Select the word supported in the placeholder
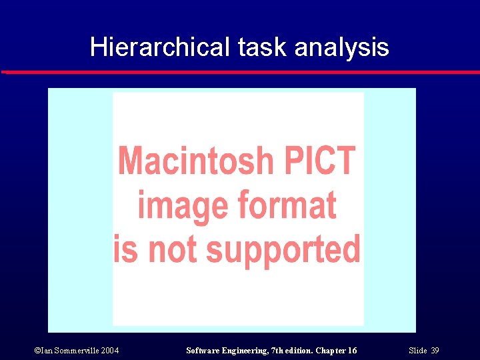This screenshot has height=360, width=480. click(283, 250)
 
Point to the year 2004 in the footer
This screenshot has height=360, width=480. click(110, 351)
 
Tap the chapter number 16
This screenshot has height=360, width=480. click(352, 351)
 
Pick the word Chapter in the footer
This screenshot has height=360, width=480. click(331, 351)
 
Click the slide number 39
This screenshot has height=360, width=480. click(435, 351)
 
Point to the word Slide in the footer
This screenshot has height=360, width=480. click(417, 351)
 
